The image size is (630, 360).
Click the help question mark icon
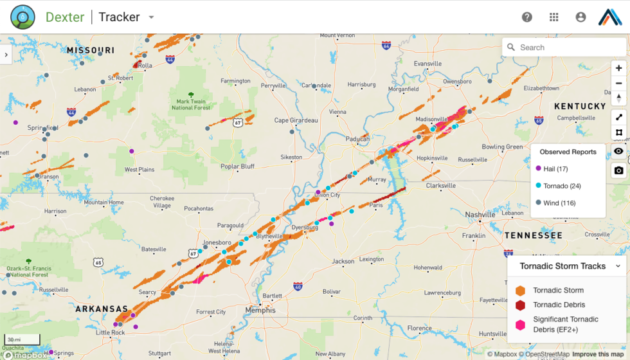point(527,17)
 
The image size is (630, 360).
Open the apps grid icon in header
point(553,17)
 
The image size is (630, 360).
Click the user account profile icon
point(580,17)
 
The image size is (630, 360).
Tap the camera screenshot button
point(618,170)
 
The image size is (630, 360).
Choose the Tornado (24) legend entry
point(561,186)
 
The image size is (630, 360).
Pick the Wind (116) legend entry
point(559,203)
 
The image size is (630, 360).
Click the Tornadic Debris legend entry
point(558,305)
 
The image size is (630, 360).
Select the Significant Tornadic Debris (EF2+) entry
point(564,324)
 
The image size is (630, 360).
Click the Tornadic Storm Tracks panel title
point(562,266)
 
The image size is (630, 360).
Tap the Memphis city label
point(260,310)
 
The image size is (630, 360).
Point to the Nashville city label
point(480,215)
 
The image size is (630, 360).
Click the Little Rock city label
point(110,332)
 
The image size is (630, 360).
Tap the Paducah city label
point(357,139)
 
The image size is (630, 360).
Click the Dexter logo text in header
point(65,17)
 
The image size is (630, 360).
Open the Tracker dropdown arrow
point(151,17)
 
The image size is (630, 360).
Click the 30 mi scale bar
point(22,339)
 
